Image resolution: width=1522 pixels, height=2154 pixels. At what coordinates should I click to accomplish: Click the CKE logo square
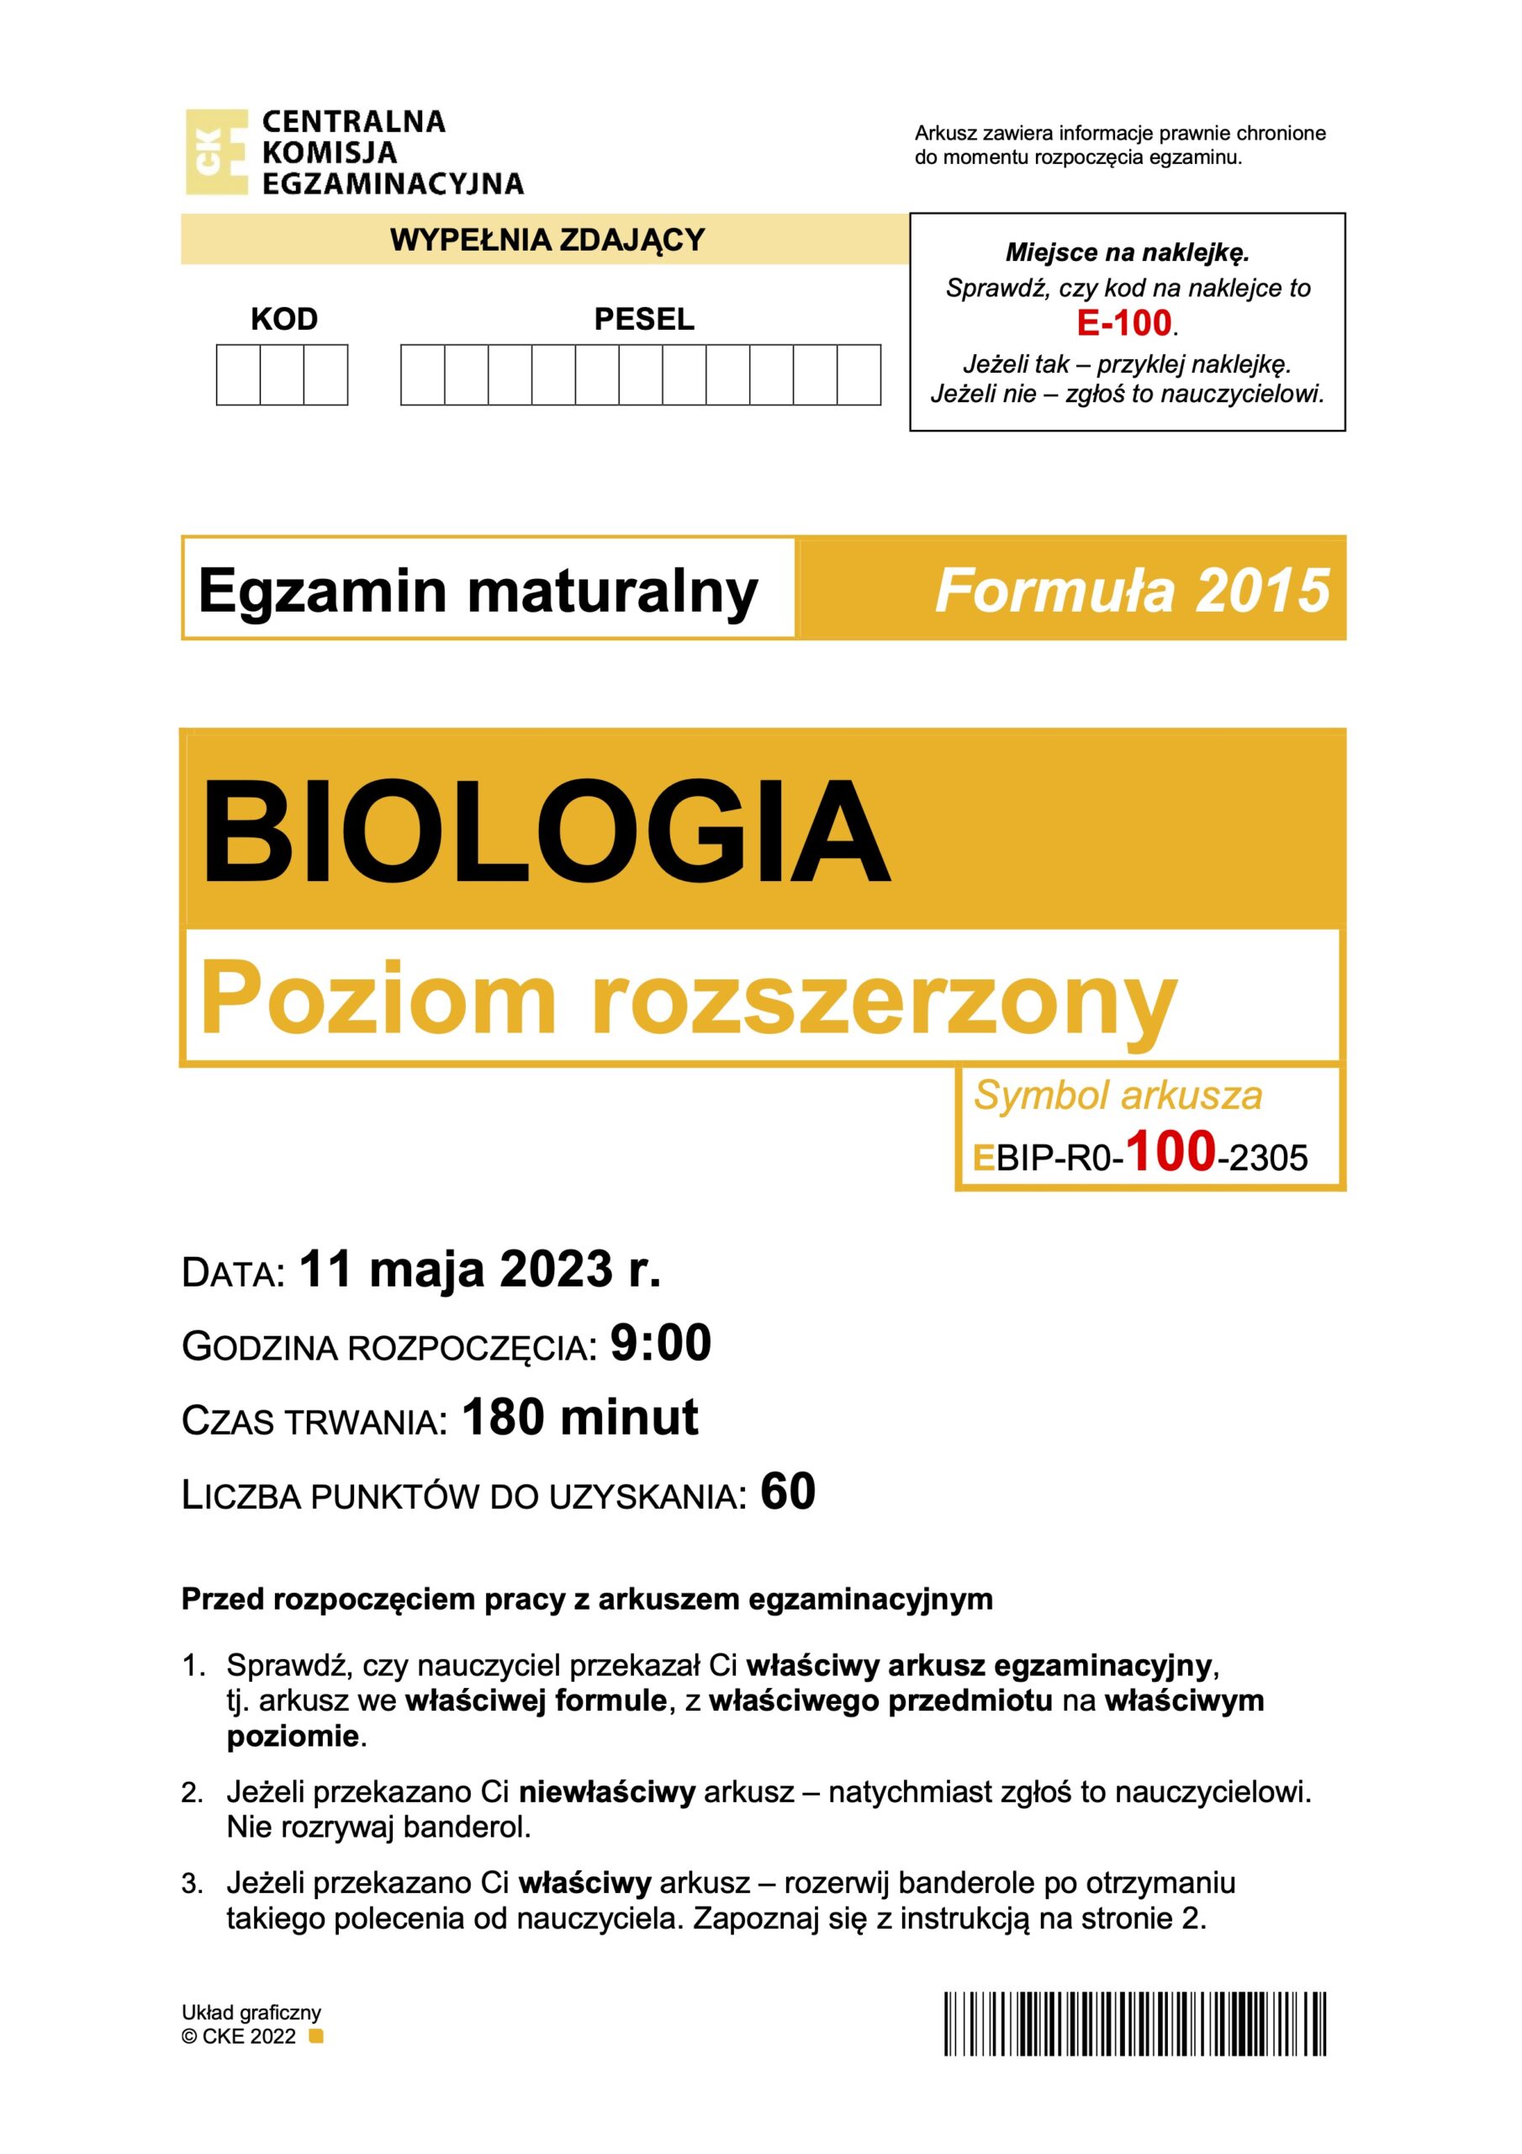tap(217, 152)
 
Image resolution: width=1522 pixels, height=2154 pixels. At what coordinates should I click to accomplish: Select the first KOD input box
tap(238, 375)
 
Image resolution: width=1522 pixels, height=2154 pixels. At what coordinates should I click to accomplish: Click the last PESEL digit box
tap(858, 375)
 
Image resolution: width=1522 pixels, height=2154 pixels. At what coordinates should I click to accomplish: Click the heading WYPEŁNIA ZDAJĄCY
tap(547, 240)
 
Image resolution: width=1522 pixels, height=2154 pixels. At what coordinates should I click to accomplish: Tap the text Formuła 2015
tap(1132, 590)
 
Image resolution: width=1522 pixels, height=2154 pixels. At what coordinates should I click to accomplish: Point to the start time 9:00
tap(660, 1343)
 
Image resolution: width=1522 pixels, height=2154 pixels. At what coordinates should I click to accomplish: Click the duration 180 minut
tap(579, 1417)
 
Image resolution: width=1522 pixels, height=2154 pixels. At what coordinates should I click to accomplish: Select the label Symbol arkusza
tap(1118, 1096)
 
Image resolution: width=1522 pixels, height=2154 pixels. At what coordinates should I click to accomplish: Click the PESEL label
tap(644, 320)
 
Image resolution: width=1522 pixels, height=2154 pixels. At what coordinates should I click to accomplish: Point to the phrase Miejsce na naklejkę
tap(1127, 252)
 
